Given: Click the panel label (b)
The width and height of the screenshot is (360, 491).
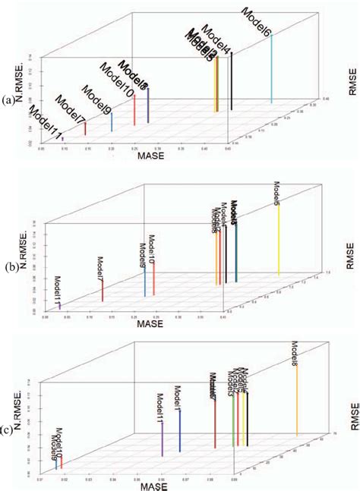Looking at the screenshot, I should point(9,267).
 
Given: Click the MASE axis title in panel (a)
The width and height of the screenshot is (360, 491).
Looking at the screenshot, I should point(152,156).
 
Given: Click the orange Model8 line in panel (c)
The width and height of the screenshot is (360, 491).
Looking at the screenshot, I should point(296,409).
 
